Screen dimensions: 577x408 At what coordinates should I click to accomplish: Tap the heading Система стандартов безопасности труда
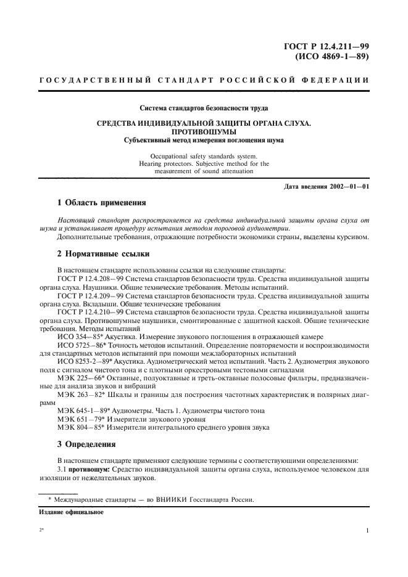tap(203, 109)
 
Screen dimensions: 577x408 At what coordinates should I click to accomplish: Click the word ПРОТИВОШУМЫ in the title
tap(203, 132)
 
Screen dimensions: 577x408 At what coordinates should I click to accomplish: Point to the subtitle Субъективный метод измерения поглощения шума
tap(203, 140)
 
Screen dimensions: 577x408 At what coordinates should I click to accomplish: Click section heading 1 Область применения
tap(101, 202)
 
